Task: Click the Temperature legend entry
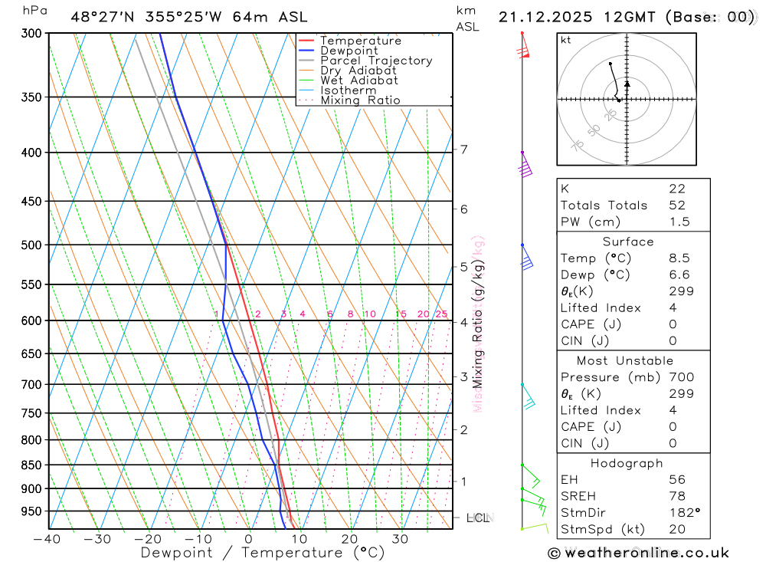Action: coord(360,41)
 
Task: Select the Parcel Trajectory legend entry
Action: coord(375,61)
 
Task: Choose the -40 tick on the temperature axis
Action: coord(47,539)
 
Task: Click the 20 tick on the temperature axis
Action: coord(349,539)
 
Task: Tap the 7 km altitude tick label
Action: coord(464,150)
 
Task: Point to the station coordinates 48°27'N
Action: coord(100,16)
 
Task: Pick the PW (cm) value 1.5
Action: coord(679,222)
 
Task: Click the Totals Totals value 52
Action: coord(676,205)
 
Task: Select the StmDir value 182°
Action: coord(682,512)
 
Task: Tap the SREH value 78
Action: coord(676,496)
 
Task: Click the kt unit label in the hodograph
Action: coord(565,40)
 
